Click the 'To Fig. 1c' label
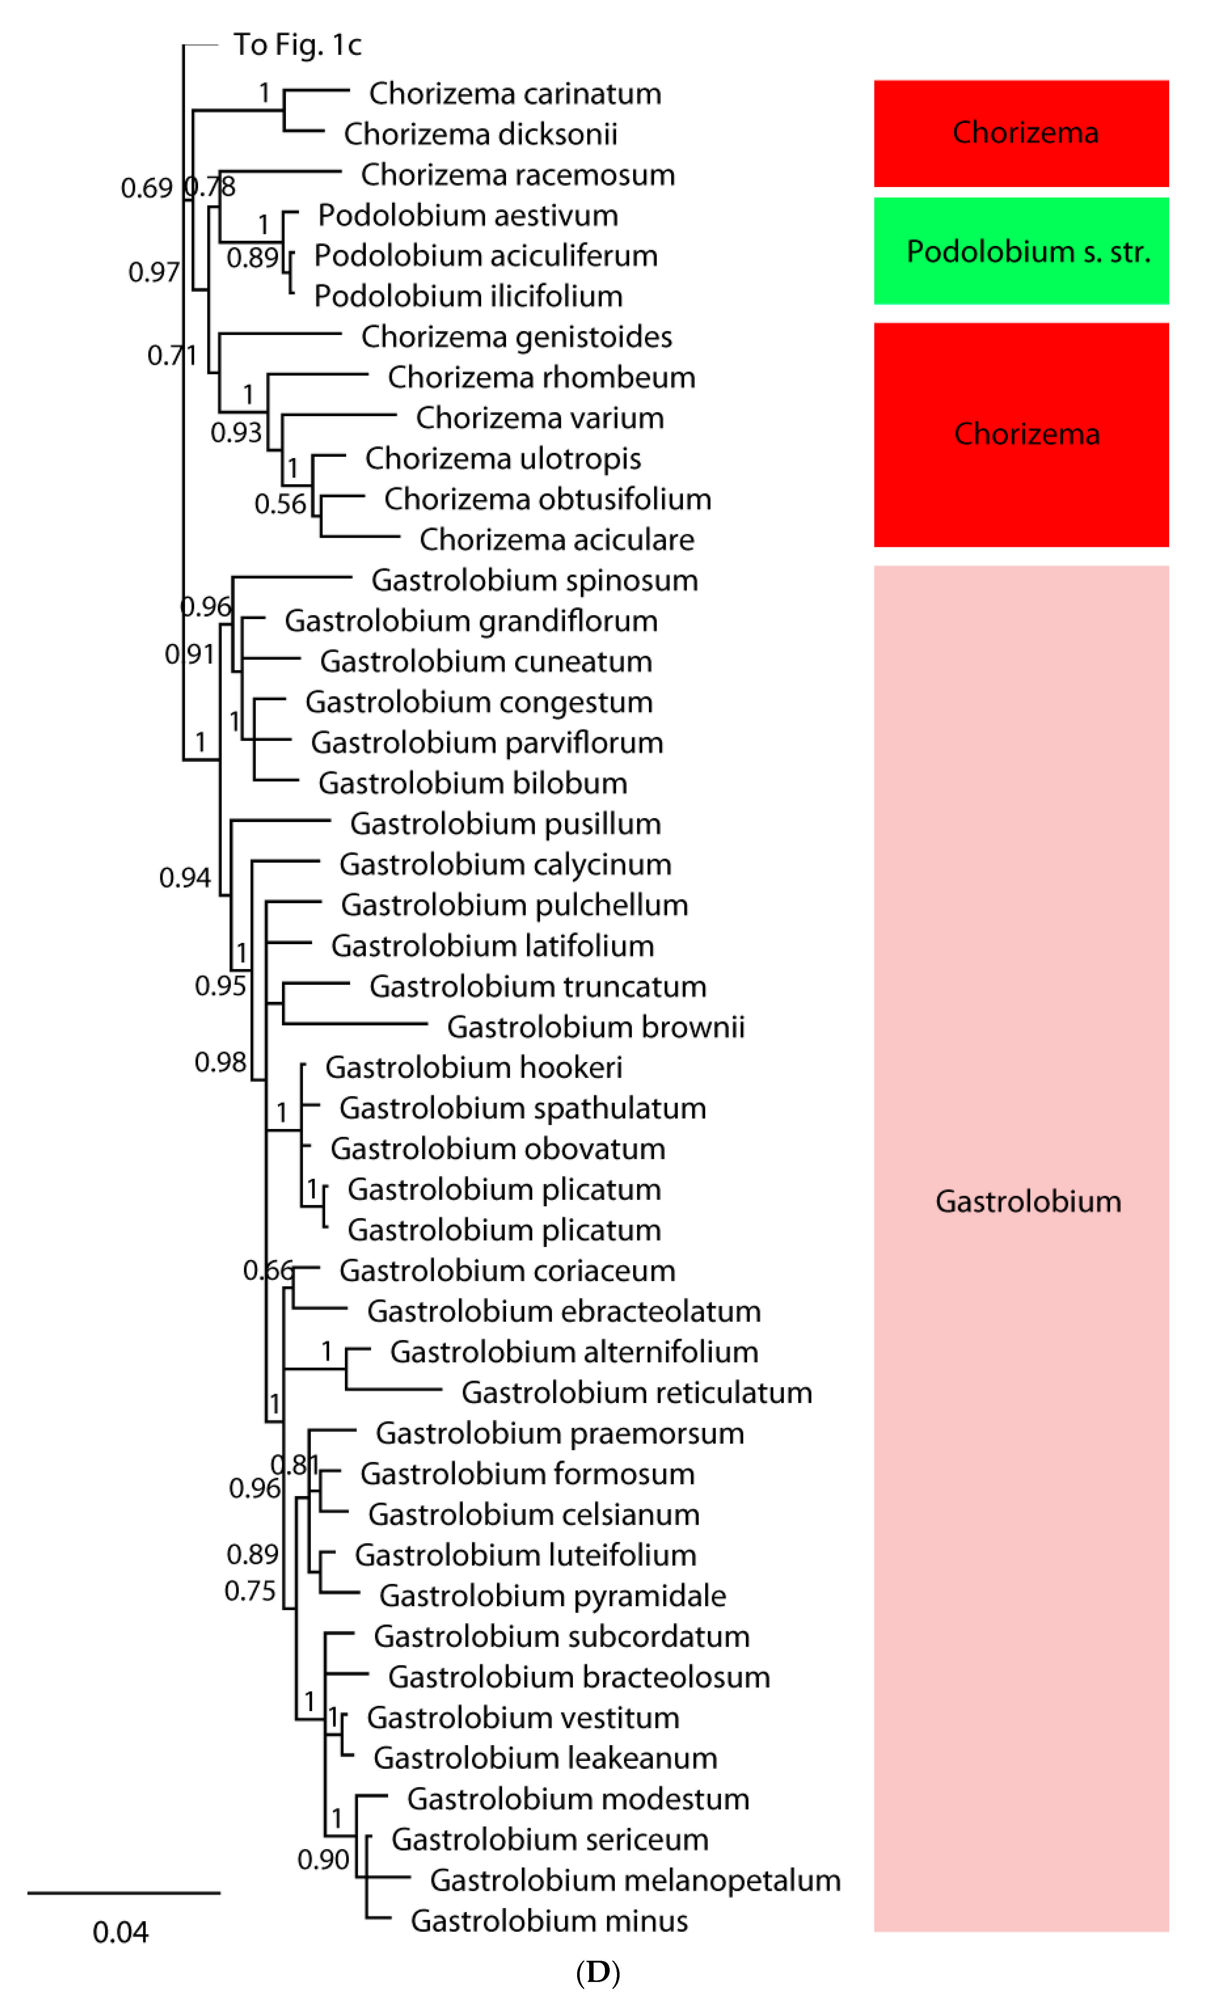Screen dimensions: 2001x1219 point(297,45)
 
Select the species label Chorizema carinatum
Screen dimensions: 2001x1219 point(515,93)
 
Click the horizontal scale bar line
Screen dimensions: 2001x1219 point(123,1893)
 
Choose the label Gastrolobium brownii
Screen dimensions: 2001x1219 point(595,1027)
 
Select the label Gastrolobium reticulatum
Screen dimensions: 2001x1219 point(637,1393)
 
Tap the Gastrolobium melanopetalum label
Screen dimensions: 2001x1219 point(635,1880)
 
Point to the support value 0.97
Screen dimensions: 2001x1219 point(153,271)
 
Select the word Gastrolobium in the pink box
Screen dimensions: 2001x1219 point(1027,1201)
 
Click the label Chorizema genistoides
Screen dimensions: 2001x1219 point(517,337)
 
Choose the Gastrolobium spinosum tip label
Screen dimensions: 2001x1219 point(534,581)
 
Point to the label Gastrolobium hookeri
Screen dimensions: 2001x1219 point(473,1068)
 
